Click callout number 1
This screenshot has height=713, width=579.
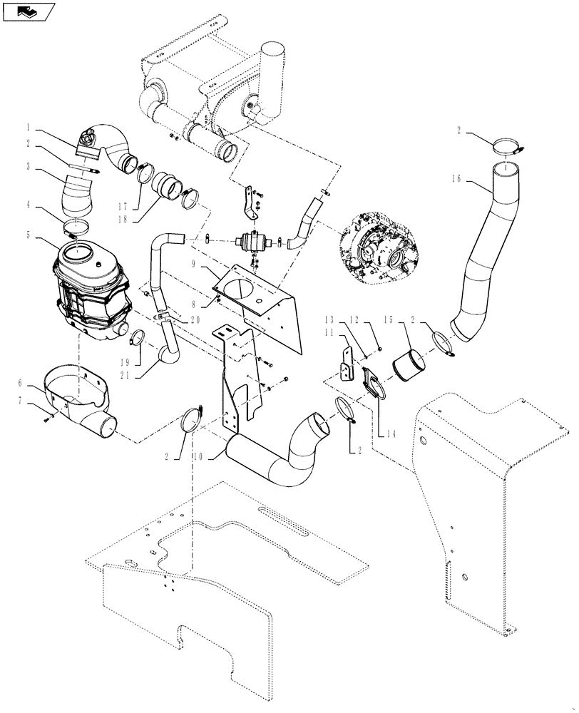click(x=27, y=128)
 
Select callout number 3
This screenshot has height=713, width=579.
click(x=27, y=168)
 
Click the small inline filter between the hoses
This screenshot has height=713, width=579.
click(x=250, y=241)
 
